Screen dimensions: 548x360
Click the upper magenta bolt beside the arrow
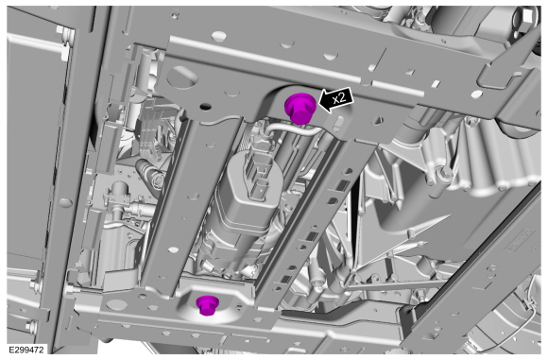pos(300,109)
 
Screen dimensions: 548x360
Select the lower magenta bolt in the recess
pos(207,305)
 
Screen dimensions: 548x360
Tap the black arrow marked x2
pos(336,99)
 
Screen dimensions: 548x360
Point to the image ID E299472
pos(26,350)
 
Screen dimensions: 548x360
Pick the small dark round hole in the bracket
pos(206,106)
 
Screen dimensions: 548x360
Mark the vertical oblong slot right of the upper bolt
pos(338,124)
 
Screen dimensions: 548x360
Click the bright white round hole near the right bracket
pos(475,94)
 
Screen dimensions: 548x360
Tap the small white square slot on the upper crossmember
pos(436,83)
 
